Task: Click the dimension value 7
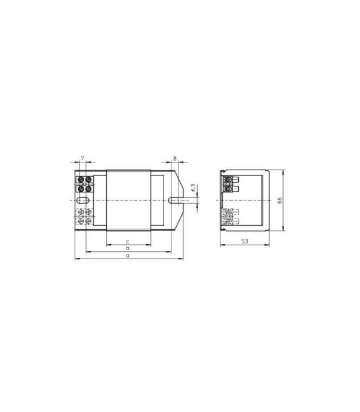pyautogui.click(x=82, y=158)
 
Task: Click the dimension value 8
pyautogui.click(x=175, y=158)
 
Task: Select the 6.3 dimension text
pyautogui.click(x=193, y=187)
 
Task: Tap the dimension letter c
pyautogui.click(x=128, y=241)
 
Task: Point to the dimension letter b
pyautogui.click(x=128, y=248)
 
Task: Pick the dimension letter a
pyautogui.click(x=128, y=256)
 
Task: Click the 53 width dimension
pyautogui.click(x=245, y=241)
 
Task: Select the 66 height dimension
pyautogui.click(x=279, y=200)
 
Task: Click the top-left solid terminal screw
pyautogui.click(x=81, y=180)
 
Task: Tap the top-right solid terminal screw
pyautogui.click(x=88, y=180)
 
